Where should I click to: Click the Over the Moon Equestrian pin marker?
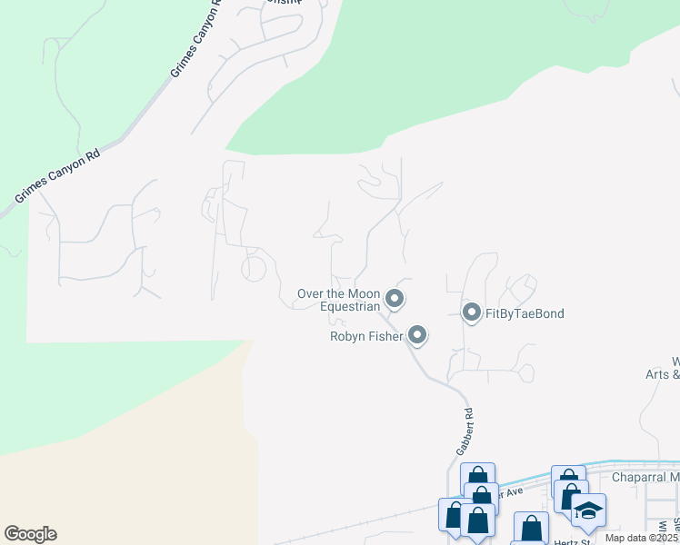click(x=395, y=298)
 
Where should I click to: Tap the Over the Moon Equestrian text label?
click(x=338, y=301)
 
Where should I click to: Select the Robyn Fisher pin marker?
click(x=417, y=336)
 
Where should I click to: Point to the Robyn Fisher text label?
click(x=366, y=337)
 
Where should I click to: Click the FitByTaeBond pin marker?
click(x=472, y=313)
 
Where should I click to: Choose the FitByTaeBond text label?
click(x=525, y=314)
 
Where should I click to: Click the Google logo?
click(x=30, y=534)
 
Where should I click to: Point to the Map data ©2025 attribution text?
click(x=641, y=538)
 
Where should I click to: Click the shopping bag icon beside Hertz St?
click(x=531, y=528)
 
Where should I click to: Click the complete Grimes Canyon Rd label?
click(x=56, y=177)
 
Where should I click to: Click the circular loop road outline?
click(x=254, y=269)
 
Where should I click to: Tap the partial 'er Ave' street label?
click(x=512, y=492)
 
